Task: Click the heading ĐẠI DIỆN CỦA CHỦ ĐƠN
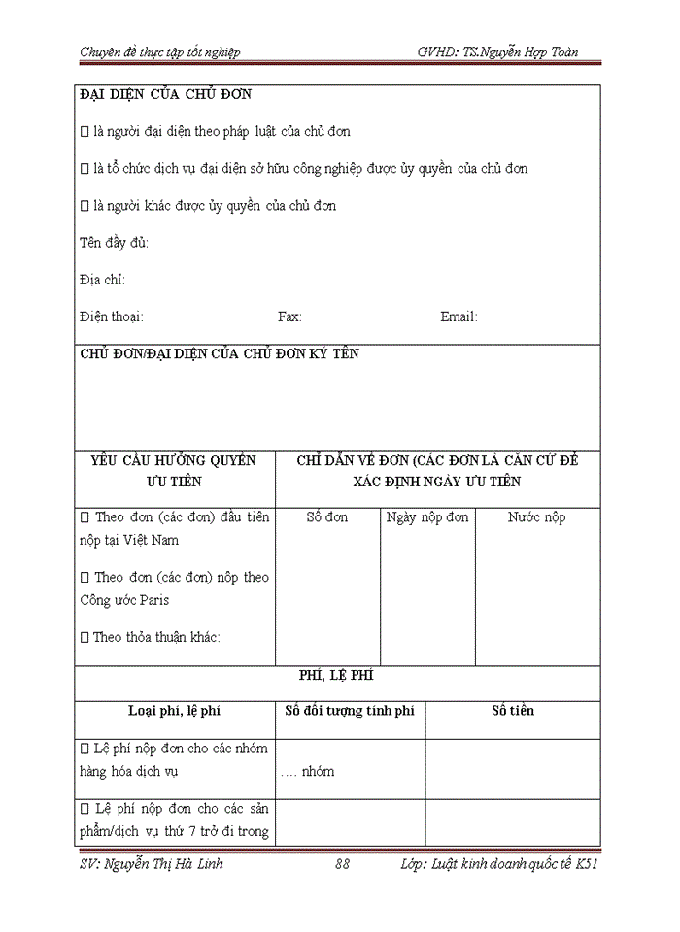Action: pos(165,94)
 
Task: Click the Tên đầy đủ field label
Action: pos(114,243)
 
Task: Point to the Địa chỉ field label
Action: pos(102,280)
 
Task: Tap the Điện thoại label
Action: pos(112,316)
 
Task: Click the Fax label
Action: pos(289,316)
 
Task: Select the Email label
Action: pos(459,316)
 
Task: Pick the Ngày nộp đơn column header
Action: pos(426,517)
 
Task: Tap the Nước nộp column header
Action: pos(536,517)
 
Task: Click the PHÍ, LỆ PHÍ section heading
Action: pos(337,674)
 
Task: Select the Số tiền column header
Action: pos(512,711)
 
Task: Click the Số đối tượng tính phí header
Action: pos(349,711)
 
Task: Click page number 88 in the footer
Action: pos(341,863)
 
